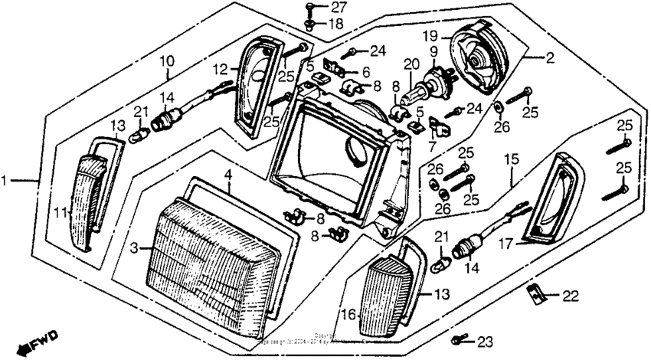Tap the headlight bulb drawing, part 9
pyautogui.click(x=435, y=81)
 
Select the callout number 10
pyautogui.click(x=166, y=61)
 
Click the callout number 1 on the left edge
pyautogui.click(x=6, y=181)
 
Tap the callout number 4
pyautogui.click(x=227, y=175)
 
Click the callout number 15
pyautogui.click(x=510, y=160)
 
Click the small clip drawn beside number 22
pyautogui.click(x=537, y=293)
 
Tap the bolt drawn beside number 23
pyautogui.click(x=459, y=338)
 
